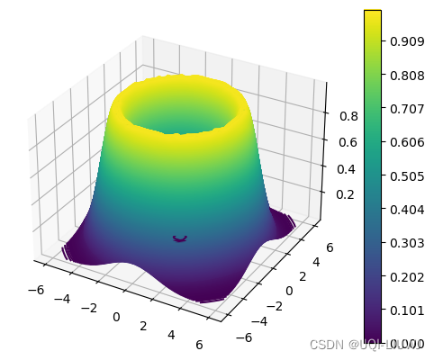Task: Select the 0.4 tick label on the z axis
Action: click(x=336, y=169)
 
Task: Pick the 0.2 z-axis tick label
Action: click(x=335, y=194)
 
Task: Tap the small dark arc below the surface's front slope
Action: click(x=180, y=238)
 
